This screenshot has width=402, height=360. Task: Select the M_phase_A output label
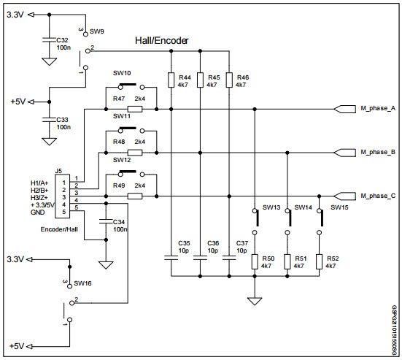pos(378,109)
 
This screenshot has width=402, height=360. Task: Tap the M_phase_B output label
pos(378,153)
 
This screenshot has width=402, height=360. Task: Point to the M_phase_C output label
pos(378,196)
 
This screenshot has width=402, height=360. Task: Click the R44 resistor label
pos(185,77)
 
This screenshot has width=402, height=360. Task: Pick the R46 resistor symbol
pos(228,80)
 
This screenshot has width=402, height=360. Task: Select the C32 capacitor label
pos(63,41)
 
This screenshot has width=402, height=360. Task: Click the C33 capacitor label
pos(63,119)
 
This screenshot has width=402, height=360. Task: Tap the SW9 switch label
pos(96,32)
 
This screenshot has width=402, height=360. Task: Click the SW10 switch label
pos(122,74)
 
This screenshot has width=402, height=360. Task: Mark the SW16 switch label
pos(82,283)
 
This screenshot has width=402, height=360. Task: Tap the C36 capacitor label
pos(213,242)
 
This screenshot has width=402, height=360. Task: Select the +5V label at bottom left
pos(18,345)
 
